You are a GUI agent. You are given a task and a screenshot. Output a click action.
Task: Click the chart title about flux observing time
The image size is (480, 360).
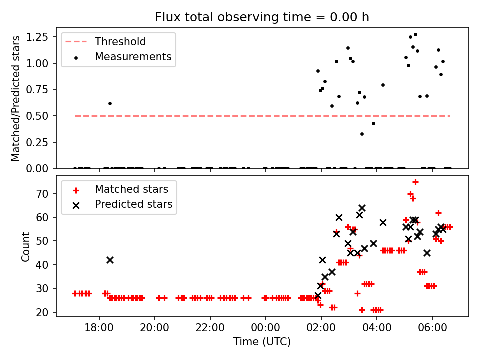(262, 17)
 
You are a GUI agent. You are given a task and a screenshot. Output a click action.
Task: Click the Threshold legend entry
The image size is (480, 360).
(120, 42)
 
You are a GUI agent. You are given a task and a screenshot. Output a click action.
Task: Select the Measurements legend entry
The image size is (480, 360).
(133, 57)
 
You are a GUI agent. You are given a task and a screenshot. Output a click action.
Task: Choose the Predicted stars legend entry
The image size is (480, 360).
(133, 204)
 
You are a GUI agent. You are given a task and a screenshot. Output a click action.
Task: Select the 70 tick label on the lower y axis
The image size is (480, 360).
(46, 194)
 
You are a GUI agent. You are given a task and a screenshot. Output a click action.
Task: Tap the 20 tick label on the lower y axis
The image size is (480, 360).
(46, 312)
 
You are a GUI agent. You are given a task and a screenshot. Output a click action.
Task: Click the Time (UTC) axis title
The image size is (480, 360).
(262, 342)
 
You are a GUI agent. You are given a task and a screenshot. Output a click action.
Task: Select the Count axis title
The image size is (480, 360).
(26, 246)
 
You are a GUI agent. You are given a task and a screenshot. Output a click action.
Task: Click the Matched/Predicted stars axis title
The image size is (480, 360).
(16, 98)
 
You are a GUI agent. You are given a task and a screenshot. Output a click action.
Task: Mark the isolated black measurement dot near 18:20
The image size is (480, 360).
(110, 103)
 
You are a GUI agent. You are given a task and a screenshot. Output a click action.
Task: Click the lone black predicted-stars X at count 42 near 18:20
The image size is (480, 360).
(110, 260)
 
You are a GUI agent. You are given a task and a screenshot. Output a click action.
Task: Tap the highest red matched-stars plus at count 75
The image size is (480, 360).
(415, 182)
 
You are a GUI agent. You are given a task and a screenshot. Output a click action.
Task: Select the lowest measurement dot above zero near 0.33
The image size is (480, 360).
(362, 134)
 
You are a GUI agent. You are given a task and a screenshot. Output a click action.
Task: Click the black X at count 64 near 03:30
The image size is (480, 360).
(362, 208)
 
